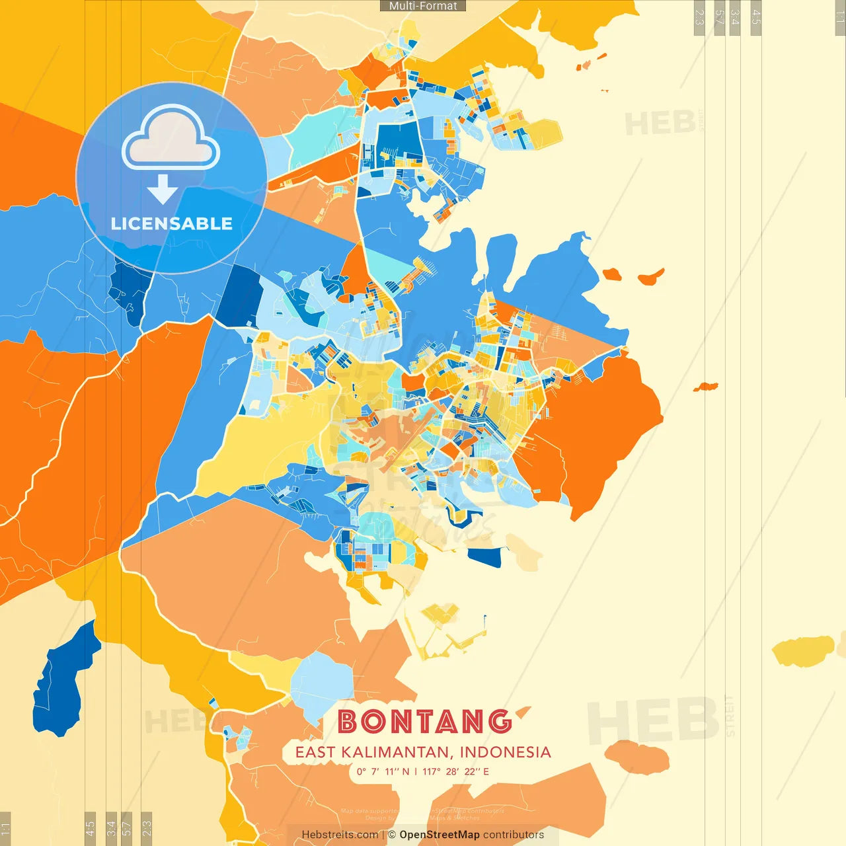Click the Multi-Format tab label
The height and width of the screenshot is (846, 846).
423,6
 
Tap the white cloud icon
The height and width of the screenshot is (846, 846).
171,139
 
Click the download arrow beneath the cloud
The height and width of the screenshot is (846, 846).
163,189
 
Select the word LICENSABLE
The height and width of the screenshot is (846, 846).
172,223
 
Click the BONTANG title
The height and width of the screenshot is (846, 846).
424,722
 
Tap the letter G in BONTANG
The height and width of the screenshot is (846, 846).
500,722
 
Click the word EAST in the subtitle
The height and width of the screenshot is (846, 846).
315,752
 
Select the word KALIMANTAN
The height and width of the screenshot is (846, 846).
396,752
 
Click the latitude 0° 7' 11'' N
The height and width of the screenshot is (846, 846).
383,771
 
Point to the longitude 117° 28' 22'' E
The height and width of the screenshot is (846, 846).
455,771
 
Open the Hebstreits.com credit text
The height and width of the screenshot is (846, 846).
340,835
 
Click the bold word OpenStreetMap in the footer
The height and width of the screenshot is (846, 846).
440,835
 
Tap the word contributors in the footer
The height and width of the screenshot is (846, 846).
514,835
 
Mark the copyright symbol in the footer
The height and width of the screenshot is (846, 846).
392,835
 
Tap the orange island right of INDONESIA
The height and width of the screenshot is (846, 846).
637,757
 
